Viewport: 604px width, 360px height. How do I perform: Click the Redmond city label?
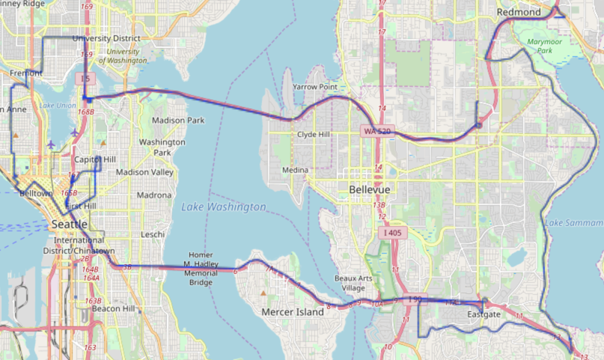pyautogui.click(x=518, y=13)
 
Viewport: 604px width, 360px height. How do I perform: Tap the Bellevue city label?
pyautogui.click(x=369, y=190)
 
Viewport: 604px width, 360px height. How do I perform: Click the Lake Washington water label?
pyautogui.click(x=223, y=207)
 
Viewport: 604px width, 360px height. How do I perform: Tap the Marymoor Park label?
pyautogui.click(x=543, y=46)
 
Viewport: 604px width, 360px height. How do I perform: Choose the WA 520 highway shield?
pyautogui.click(x=379, y=131)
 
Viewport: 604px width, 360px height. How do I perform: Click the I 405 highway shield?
pyautogui.click(x=395, y=233)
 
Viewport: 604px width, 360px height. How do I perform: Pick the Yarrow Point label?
pyautogui.click(x=315, y=87)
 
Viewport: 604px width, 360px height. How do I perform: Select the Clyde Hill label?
pyautogui.click(x=314, y=135)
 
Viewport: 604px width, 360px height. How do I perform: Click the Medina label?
pyautogui.click(x=295, y=171)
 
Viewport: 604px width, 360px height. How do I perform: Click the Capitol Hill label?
pyautogui.click(x=95, y=159)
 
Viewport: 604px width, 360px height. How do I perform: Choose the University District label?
pyautogui.click(x=106, y=38)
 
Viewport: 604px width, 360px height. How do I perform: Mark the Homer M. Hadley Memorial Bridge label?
pyautogui.click(x=206, y=263)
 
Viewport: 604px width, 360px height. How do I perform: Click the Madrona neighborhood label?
pyautogui.click(x=154, y=195)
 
